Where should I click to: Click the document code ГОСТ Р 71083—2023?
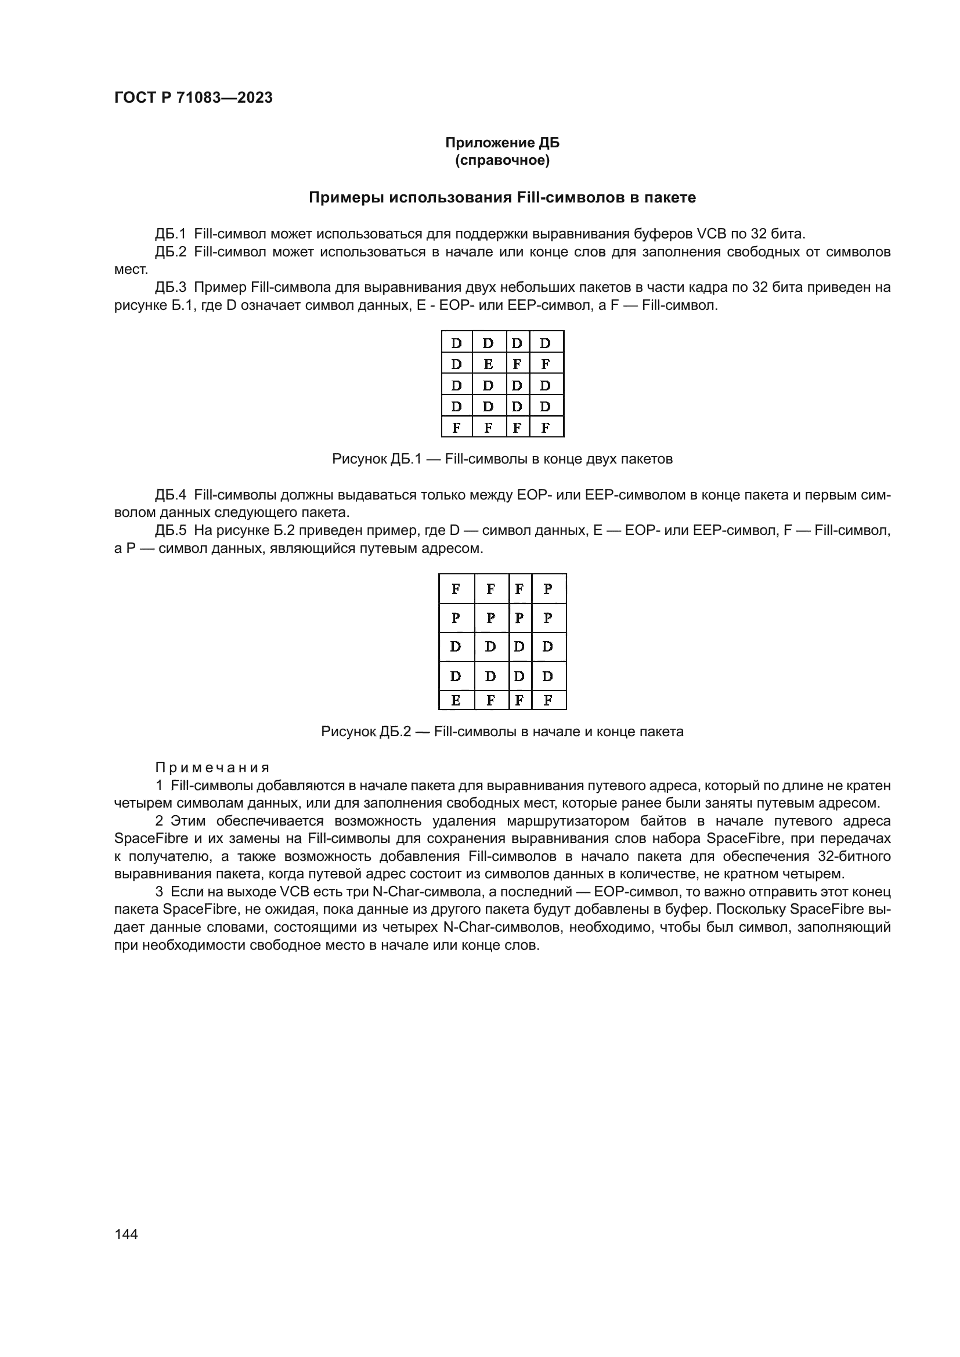tap(193, 98)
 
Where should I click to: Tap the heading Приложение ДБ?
tap(502, 143)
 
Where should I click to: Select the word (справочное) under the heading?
tap(502, 161)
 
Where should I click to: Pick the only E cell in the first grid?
tap(488, 364)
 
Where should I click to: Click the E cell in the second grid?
tap(455, 701)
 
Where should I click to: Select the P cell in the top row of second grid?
tap(547, 589)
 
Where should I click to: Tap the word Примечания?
tap(212, 768)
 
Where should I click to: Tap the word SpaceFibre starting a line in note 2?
tap(142, 839)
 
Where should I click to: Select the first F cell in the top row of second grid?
tap(455, 589)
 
